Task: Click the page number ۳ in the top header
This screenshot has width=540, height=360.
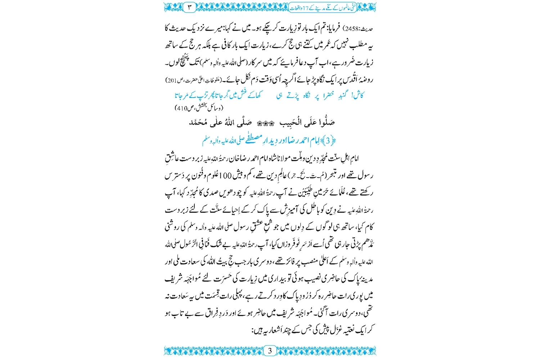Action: tap(189, 7)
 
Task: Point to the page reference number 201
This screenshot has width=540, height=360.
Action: tap(171, 80)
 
